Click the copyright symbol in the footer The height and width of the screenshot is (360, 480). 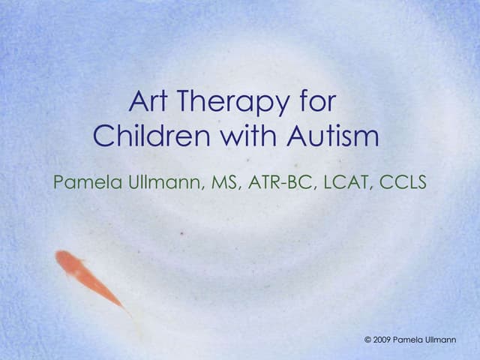[x=367, y=340]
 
